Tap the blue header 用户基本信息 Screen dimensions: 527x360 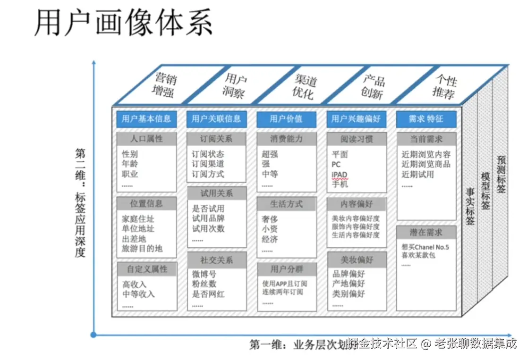146,119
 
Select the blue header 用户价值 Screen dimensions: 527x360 286,119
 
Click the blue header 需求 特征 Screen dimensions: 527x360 426,119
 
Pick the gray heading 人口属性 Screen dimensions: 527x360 146,139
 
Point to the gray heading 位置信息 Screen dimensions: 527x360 146,204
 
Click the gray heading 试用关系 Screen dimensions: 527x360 216,193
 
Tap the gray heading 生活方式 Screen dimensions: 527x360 286,204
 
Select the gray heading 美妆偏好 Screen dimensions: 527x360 357,260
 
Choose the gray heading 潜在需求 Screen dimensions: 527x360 426,233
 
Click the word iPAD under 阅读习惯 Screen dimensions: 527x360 340,175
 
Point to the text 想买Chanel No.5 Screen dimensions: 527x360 425,247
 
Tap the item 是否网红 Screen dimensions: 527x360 208,294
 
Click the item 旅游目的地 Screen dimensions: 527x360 142,248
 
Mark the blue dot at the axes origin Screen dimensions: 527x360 93,335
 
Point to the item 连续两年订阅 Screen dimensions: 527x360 283,292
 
